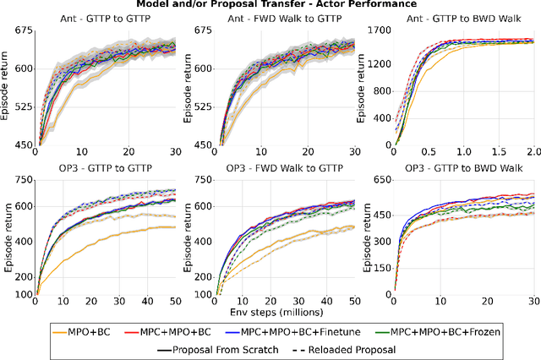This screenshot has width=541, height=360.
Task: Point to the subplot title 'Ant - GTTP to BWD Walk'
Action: [456, 19]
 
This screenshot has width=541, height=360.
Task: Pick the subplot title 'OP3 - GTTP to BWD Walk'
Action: [456, 169]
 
